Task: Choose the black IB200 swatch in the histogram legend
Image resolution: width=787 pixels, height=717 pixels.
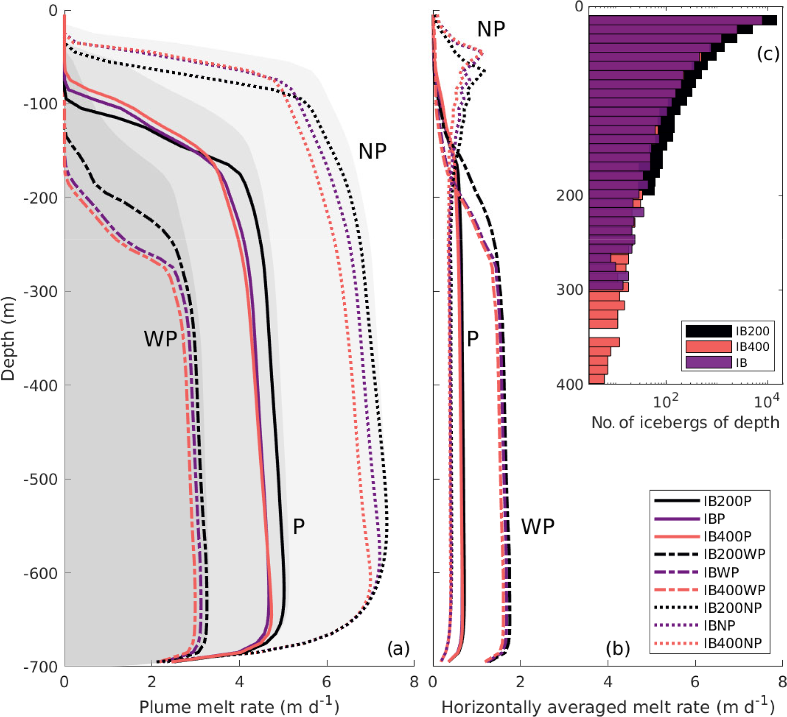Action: pyautogui.click(x=709, y=331)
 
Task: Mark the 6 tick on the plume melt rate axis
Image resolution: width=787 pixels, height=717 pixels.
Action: pyautogui.click(x=327, y=682)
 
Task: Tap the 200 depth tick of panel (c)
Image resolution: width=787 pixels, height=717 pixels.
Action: pyautogui.click(x=570, y=196)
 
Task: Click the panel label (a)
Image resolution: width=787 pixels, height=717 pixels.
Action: pyautogui.click(x=398, y=648)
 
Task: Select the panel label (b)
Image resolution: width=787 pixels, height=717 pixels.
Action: pyautogui.click(x=618, y=648)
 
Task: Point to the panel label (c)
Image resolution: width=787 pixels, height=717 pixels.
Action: pyautogui.click(x=768, y=54)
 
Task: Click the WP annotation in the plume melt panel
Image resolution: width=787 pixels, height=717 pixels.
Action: pyautogui.click(x=160, y=339)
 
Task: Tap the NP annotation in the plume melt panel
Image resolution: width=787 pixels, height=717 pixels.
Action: pyautogui.click(x=372, y=151)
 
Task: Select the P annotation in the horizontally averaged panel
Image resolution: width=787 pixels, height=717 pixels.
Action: pyautogui.click(x=473, y=339)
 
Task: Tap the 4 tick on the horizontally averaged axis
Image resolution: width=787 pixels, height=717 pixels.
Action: pyautogui.click(x=607, y=682)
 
